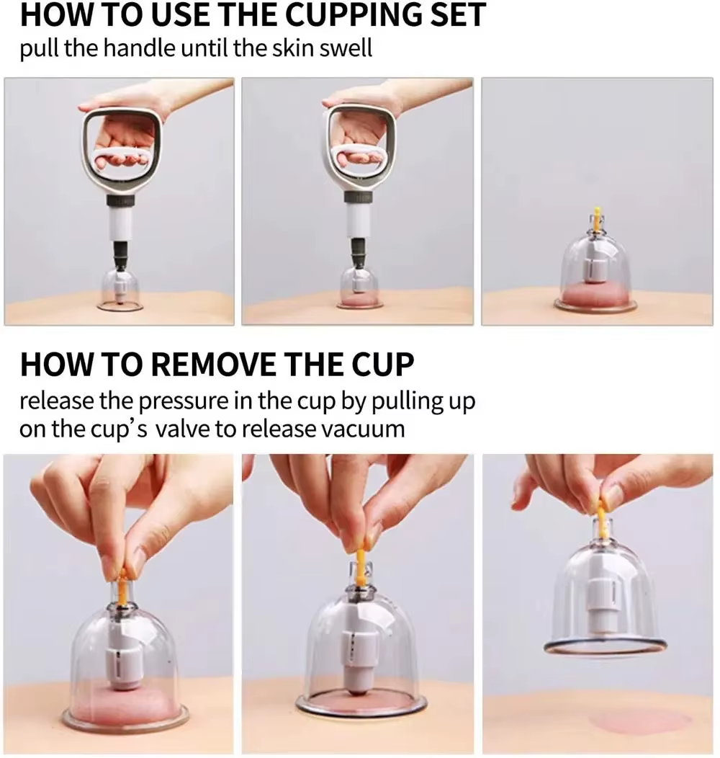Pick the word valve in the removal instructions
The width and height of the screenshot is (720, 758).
[x=181, y=429]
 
